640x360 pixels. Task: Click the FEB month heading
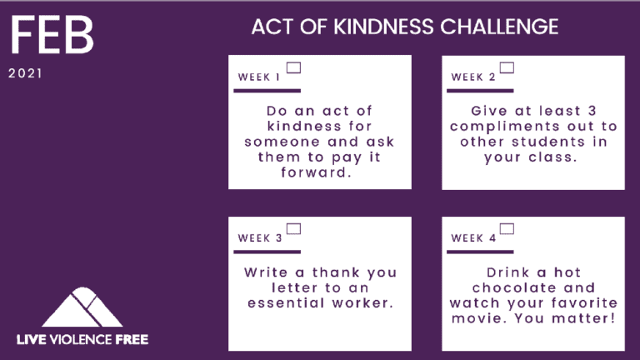point(52,35)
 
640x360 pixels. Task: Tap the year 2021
point(25,73)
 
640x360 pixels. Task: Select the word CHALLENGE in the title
point(499,27)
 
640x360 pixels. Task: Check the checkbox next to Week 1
point(293,67)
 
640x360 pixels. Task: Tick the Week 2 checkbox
point(507,67)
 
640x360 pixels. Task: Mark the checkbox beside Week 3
point(293,229)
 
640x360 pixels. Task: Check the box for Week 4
point(507,229)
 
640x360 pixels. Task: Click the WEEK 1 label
point(259,77)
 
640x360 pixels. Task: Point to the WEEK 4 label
point(473,238)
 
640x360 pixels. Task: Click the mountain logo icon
point(82,307)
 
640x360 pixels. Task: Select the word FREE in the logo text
point(132,340)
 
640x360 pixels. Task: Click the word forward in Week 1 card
point(317,172)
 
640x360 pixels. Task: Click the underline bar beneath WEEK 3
point(267,252)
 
